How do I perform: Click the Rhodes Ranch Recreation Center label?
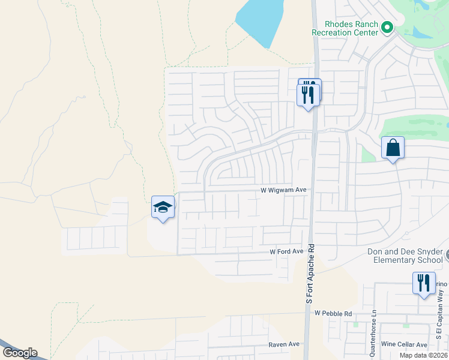[345, 28]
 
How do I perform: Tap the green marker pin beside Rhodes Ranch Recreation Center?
[387, 28]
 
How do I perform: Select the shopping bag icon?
[393, 148]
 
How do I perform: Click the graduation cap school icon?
[163, 207]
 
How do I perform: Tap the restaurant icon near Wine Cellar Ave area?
[424, 283]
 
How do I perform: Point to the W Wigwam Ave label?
[283, 190]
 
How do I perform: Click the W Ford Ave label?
[286, 251]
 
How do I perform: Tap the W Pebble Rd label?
[332, 313]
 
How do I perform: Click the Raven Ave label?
[284, 344]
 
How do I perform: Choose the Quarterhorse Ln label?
[373, 333]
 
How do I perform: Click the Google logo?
[19, 353]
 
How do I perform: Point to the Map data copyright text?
[424, 355]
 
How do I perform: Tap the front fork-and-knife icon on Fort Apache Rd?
[308, 95]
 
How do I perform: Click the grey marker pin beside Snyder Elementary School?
[447, 256]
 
